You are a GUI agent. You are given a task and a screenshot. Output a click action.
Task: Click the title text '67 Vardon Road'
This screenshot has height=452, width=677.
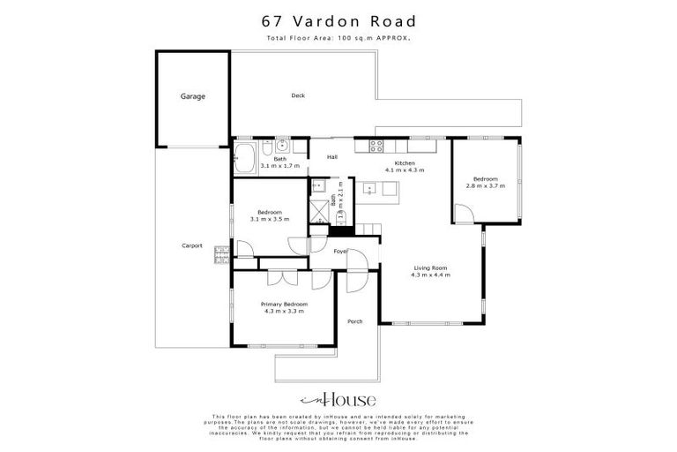[x=338, y=20]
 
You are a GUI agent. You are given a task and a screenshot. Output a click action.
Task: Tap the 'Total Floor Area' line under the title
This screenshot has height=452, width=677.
[x=338, y=39]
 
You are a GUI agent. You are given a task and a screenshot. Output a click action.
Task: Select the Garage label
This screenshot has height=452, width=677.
[x=193, y=96]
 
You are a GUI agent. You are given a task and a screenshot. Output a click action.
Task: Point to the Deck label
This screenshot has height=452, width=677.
[x=298, y=96]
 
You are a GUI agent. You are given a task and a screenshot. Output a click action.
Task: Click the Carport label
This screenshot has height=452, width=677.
[x=192, y=245]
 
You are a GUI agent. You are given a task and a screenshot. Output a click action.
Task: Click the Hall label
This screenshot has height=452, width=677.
[x=332, y=157]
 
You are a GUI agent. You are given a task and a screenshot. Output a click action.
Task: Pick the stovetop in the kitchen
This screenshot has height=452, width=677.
[x=376, y=147]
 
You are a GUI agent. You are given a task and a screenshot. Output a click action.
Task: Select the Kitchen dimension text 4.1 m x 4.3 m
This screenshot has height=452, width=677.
[x=405, y=169]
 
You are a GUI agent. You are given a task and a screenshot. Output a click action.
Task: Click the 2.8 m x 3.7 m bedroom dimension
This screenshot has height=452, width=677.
[x=485, y=185]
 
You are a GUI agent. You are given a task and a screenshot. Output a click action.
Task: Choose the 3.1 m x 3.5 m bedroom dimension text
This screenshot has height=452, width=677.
[x=270, y=218]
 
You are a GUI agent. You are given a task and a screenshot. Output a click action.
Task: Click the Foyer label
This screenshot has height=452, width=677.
[x=340, y=252]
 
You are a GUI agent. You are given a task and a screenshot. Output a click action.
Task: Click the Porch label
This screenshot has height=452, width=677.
[x=355, y=320]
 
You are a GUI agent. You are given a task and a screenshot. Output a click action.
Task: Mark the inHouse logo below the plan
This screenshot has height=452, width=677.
[x=338, y=398]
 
